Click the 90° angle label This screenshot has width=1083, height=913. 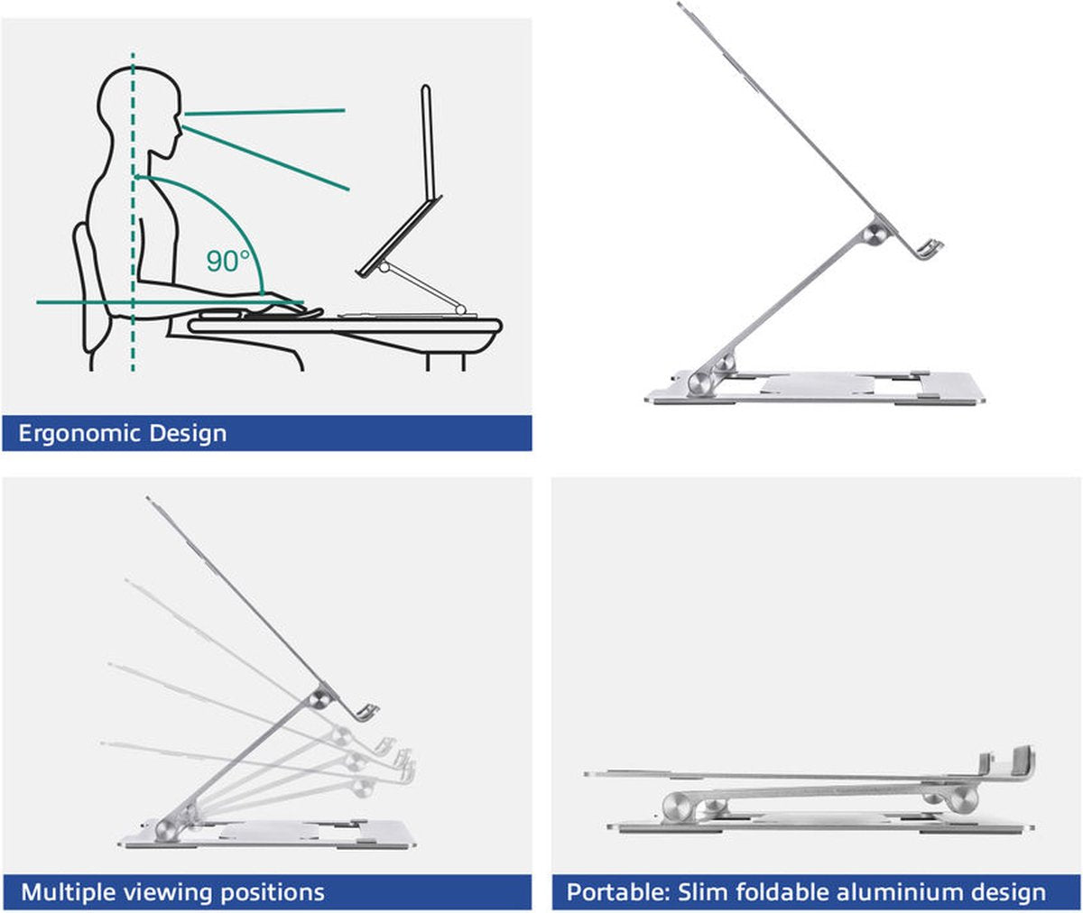(x=227, y=262)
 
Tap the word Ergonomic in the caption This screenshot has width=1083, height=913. (x=79, y=434)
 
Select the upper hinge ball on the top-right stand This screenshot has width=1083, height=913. (x=874, y=234)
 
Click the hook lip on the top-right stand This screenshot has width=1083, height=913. (x=932, y=248)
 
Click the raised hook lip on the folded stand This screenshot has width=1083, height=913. (x=1022, y=761)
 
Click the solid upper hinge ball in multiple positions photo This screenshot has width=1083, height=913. (x=319, y=699)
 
